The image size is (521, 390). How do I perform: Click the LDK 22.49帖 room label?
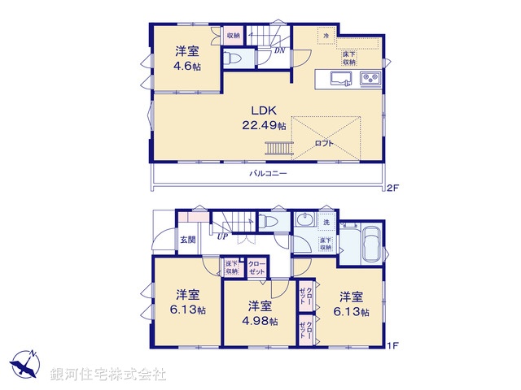[263, 118]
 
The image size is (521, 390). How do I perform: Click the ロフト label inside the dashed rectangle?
[324, 143]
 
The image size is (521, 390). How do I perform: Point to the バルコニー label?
[268, 173]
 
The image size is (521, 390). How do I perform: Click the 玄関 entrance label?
[187, 240]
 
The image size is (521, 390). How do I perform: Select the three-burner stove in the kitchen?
[370, 79]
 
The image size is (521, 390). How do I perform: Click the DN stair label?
[278, 50]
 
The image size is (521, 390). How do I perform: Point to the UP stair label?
[221, 236]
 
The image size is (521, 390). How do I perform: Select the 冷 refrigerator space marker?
[326, 36]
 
